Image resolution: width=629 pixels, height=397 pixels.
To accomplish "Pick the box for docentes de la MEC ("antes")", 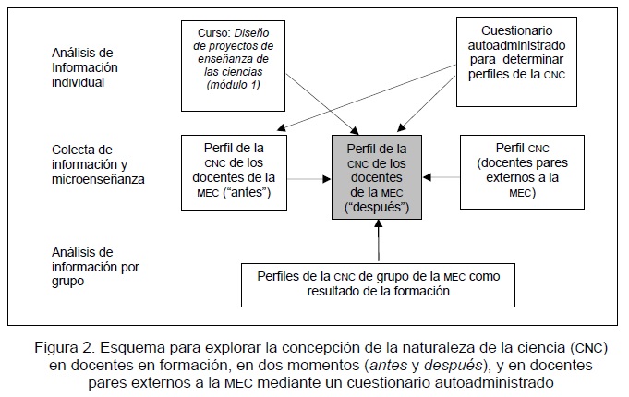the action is coord(234,168).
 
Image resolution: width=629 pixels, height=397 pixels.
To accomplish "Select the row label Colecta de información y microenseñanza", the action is coord(96,164).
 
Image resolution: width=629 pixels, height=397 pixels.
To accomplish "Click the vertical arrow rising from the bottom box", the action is coord(379,241).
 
